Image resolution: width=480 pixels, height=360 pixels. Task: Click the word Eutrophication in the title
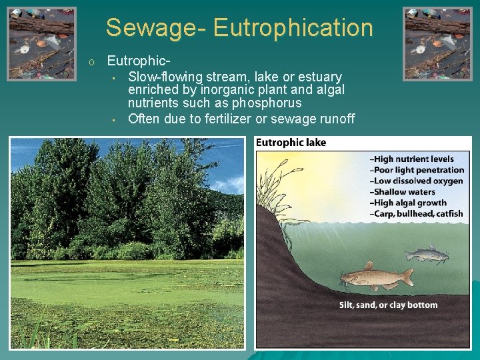293,28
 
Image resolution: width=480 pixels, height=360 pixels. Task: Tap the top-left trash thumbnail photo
41,43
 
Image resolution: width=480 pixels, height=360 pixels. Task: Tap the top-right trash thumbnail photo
437,43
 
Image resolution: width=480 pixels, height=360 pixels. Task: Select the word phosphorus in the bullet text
267,103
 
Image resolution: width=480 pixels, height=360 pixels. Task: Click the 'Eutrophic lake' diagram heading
291,143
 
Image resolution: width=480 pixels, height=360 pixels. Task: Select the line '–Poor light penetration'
417,170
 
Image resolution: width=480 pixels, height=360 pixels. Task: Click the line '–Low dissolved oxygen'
416,181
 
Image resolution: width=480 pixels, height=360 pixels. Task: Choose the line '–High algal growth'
409,203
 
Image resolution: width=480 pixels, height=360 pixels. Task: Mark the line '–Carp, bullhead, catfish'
416,214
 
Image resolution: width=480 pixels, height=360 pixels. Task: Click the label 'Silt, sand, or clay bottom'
388,305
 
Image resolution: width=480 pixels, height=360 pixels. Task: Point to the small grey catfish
427,253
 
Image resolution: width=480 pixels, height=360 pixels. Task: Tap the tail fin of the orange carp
406,277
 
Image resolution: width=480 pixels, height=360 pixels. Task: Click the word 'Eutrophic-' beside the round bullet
134,61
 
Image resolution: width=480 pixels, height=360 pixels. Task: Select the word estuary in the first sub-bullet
320,77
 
